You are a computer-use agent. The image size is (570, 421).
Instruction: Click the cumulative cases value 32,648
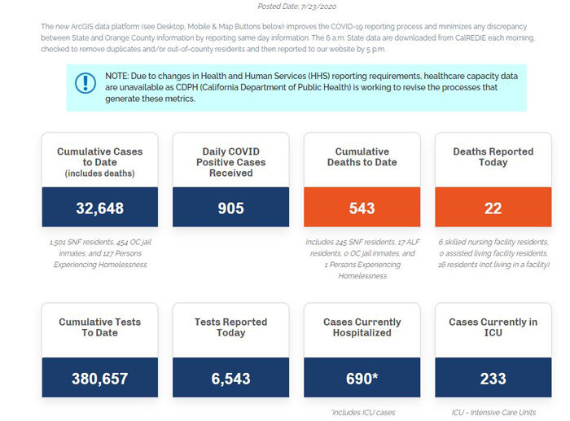pos(99,208)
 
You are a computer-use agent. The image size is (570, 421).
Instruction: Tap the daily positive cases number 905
pos(230,208)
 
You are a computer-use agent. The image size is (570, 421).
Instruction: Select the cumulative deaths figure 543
pos(362,208)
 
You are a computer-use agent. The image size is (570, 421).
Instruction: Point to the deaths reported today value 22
pos(493,208)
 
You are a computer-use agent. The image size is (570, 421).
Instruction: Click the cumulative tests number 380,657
pos(99,379)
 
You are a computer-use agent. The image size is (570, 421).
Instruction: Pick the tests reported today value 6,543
pos(230,379)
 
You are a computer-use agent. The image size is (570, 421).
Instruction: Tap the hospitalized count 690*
pos(362,379)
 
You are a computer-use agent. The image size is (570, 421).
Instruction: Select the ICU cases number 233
pos(493,379)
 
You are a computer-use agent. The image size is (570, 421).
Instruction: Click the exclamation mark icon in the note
pos(85,83)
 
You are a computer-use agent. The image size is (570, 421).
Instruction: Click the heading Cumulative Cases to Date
pos(99,156)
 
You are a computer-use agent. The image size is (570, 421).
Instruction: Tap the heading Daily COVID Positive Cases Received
pos(230,162)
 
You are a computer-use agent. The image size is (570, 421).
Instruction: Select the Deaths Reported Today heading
pos(493,156)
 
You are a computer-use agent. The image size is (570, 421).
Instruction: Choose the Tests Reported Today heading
pos(230,327)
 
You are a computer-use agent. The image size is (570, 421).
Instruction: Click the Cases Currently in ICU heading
pos(493,327)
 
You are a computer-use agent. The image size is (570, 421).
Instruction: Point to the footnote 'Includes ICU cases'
pos(363,413)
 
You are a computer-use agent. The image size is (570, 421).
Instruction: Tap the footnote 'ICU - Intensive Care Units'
pos(493,413)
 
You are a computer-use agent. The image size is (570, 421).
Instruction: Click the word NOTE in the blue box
pos(116,76)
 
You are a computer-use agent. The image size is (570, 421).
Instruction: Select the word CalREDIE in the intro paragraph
pos(471,37)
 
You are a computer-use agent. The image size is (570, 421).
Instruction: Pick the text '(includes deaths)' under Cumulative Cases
pos(99,173)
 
